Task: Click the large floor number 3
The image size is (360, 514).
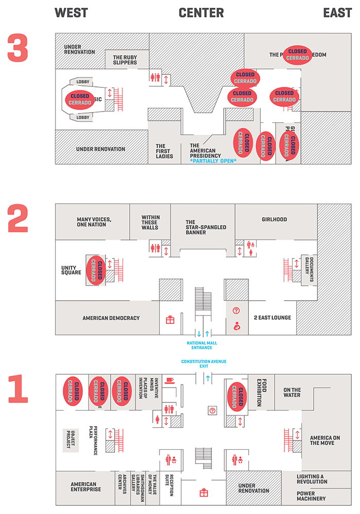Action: click(x=19, y=47)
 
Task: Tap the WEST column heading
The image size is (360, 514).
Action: click(x=71, y=13)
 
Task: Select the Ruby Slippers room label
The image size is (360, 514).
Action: click(x=125, y=60)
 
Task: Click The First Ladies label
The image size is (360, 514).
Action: click(x=165, y=151)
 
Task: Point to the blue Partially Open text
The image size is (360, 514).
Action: click(x=213, y=161)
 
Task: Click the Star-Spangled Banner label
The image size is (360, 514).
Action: click(x=203, y=227)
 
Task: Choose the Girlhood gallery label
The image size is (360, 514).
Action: click(x=274, y=219)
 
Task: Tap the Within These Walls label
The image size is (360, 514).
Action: click(x=150, y=222)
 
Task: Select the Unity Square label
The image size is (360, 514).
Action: click(x=71, y=270)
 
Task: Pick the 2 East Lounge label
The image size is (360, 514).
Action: click(x=272, y=318)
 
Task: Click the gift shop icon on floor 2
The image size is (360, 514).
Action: click(x=170, y=320)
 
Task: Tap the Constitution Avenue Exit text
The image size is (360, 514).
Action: click(x=203, y=364)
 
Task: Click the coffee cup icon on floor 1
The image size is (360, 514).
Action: click(x=170, y=380)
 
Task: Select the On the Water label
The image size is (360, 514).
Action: click(x=292, y=392)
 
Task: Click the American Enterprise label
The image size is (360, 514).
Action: click(x=86, y=487)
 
